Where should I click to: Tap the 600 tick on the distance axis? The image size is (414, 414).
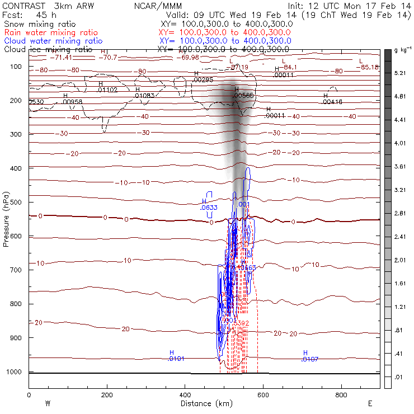(263, 394)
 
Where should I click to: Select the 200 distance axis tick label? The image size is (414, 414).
(106, 394)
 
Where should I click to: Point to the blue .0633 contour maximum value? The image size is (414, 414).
(208, 208)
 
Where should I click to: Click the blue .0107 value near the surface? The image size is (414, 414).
(309, 359)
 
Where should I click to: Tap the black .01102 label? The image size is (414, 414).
(107, 90)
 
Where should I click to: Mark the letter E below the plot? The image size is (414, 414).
(369, 403)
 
